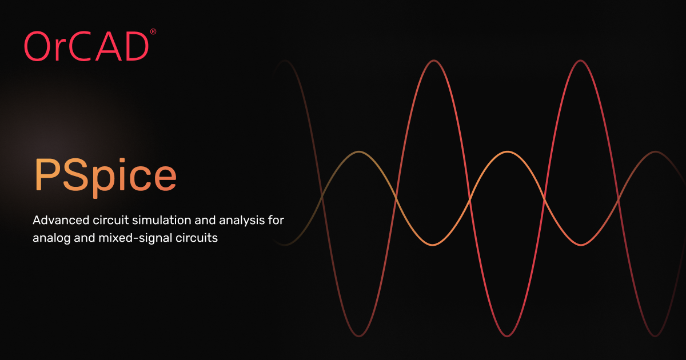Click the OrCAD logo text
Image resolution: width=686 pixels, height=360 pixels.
point(86,46)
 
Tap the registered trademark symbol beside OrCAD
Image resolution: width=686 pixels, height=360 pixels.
point(153,33)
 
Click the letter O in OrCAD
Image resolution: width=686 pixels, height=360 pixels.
point(38,47)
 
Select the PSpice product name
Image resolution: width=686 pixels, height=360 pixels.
point(105,174)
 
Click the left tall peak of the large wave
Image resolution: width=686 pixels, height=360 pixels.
point(433,61)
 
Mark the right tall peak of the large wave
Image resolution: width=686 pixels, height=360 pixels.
point(581,61)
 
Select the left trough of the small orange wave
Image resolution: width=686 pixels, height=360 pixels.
point(433,245)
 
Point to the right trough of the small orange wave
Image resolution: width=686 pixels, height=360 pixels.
point(581,245)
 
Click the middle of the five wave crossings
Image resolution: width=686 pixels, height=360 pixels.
point(470,198)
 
